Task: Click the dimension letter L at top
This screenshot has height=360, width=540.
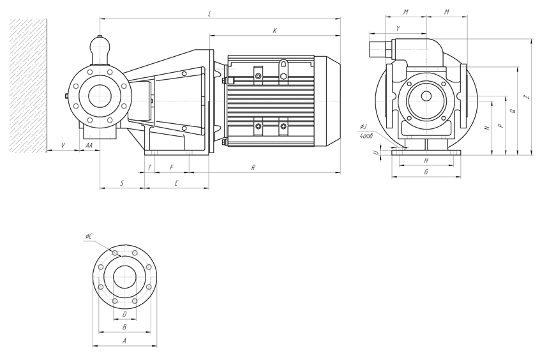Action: click(x=209, y=15)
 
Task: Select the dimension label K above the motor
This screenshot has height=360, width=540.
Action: click(x=274, y=31)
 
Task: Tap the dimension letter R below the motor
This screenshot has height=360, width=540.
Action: click(x=253, y=168)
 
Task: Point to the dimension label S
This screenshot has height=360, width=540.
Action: click(x=122, y=183)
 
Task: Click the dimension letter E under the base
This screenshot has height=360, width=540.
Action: click(x=176, y=183)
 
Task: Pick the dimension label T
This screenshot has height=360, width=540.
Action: click(x=149, y=168)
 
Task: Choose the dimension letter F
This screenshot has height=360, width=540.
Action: click(x=172, y=168)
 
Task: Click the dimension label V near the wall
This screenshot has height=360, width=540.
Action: click(x=63, y=146)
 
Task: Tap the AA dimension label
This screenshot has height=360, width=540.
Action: click(x=89, y=146)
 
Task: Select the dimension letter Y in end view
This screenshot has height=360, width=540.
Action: click(x=398, y=29)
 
